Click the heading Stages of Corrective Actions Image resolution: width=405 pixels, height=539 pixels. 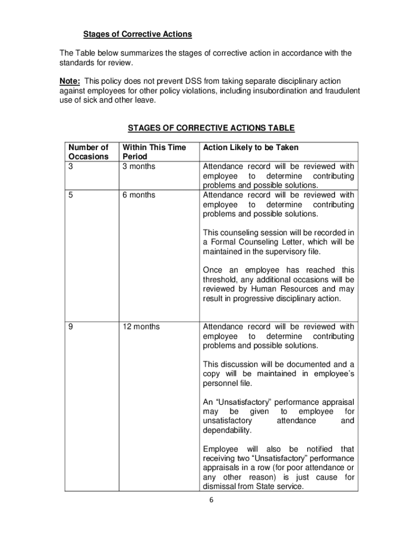click(x=138, y=34)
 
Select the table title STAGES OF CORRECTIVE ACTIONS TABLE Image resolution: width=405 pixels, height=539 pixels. click(x=211, y=128)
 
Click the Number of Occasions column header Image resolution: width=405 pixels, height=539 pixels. click(x=88, y=152)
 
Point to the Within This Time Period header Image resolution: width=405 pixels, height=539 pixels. click(x=154, y=152)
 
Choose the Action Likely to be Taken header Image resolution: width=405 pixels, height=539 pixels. click(x=250, y=147)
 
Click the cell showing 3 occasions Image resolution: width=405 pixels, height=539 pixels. click(x=71, y=166)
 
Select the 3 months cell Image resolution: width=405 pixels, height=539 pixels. click(x=139, y=166)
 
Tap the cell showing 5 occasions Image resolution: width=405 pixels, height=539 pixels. click(x=71, y=195)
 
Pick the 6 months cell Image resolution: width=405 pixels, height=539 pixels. click(x=139, y=195)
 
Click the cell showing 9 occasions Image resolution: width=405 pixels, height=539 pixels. click(x=71, y=327)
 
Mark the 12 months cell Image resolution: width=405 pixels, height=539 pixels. click(x=141, y=327)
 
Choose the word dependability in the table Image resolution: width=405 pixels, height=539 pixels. click(x=227, y=430)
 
